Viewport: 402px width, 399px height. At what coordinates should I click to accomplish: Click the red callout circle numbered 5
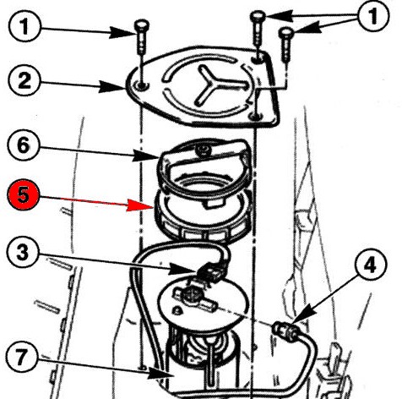click(23, 195)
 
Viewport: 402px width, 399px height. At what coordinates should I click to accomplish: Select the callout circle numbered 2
click(24, 81)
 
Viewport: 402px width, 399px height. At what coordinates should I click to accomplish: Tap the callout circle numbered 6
click(24, 145)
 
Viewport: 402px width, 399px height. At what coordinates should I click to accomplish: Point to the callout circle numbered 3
click(23, 252)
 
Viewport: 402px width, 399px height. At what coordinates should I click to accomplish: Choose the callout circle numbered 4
click(371, 265)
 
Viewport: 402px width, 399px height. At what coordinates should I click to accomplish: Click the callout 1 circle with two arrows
click(373, 16)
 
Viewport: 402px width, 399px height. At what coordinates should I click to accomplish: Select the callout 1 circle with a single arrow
click(24, 27)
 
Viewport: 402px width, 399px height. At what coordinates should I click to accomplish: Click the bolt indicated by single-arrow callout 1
click(142, 36)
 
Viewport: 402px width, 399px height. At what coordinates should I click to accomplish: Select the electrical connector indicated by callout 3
click(212, 273)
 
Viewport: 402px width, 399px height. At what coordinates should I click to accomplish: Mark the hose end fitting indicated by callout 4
click(285, 331)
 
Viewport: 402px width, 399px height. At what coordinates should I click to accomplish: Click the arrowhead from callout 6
click(146, 156)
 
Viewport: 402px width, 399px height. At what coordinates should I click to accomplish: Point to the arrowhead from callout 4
click(304, 314)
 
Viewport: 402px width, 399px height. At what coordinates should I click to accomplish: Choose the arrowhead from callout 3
click(182, 270)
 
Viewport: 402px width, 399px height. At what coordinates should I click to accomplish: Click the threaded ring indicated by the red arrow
click(202, 216)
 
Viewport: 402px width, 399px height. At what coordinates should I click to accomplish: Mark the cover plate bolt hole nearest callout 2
click(142, 85)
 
